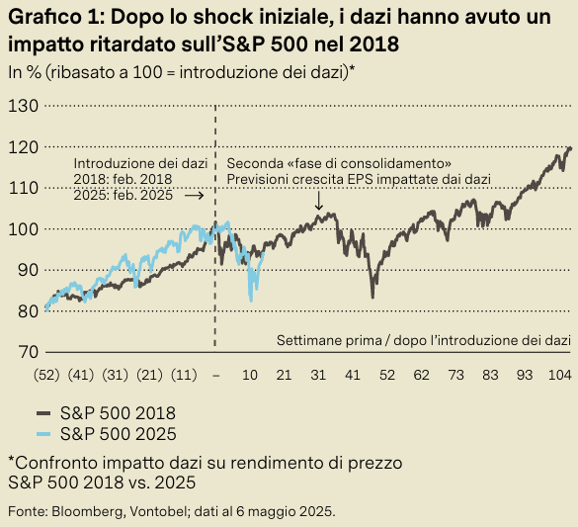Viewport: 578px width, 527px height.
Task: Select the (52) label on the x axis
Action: click(46, 376)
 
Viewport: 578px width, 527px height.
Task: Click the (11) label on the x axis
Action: click(181, 376)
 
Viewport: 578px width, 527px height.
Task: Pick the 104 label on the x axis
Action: click(559, 376)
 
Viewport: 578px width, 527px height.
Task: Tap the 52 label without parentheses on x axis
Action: click(386, 376)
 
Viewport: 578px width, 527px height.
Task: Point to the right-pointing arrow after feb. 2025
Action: click(194, 196)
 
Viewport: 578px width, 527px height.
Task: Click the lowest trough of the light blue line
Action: click(251, 300)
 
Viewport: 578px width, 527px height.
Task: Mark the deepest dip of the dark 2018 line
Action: click(372, 296)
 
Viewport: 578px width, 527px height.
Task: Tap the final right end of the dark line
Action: click(571, 148)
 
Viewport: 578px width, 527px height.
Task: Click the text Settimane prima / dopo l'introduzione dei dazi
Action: click(424, 340)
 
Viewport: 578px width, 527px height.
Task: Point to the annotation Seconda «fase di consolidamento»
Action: click(339, 163)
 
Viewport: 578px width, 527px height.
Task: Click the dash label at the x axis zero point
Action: click(215, 376)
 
